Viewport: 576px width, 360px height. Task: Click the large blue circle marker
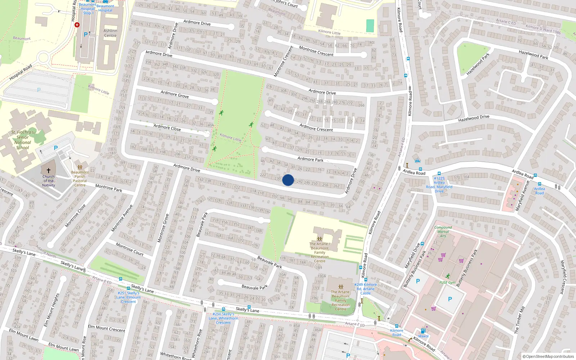pyautogui.click(x=288, y=180)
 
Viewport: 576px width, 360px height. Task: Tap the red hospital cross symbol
pyautogui.click(x=77, y=25)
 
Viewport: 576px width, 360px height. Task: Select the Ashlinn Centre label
pyautogui.click(x=110, y=33)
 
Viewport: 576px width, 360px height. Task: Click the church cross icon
pyautogui.click(x=49, y=170)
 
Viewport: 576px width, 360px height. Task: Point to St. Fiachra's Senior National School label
pyautogui.click(x=22, y=140)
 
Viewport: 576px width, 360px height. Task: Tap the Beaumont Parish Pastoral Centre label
pyautogui.click(x=80, y=179)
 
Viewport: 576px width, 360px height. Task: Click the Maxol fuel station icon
pyautogui.click(x=423, y=331)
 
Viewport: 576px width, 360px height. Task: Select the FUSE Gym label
pyautogui.click(x=447, y=283)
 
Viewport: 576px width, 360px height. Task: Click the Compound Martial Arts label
pyautogui.click(x=443, y=231)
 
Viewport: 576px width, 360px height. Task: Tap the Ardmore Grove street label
pyautogui.click(x=175, y=94)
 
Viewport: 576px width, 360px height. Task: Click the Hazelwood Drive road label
pyautogui.click(x=474, y=118)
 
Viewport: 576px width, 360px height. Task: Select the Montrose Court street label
pyautogui.click(x=130, y=249)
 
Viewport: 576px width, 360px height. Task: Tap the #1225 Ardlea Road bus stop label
pyautogui.click(x=439, y=185)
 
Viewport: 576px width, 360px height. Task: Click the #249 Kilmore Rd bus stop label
pyautogui.click(x=365, y=289)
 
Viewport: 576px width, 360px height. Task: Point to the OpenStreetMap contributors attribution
pyautogui.click(x=548, y=356)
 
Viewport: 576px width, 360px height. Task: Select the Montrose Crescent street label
pyautogui.click(x=316, y=51)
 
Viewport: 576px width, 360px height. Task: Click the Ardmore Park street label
pyautogui.click(x=310, y=159)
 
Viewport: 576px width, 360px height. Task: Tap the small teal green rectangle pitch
pyautogui.click(x=370, y=26)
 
